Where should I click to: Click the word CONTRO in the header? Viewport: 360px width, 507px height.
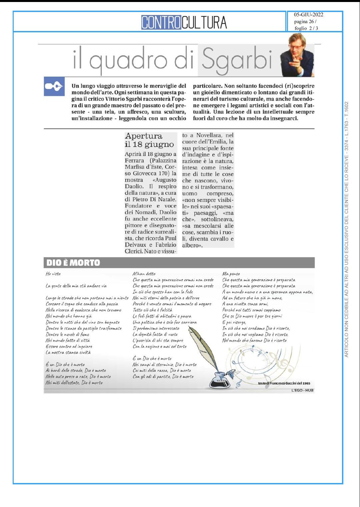161,23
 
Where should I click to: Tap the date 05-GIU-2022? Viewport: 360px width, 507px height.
308,15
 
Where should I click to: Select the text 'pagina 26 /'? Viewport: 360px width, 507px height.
305,22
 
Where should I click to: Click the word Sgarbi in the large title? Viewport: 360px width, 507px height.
237,60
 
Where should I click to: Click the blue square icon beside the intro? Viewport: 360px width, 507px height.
54,86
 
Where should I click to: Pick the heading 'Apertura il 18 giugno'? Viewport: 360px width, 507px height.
149,140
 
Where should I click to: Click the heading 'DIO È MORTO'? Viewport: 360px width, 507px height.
73,263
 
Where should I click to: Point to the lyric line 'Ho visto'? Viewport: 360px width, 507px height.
53,274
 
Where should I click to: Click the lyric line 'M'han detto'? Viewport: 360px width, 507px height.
144,274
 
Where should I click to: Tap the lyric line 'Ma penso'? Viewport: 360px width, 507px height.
231,274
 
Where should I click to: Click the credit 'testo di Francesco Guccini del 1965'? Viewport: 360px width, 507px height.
284,383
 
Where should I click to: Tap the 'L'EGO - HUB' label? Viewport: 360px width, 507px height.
302,390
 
